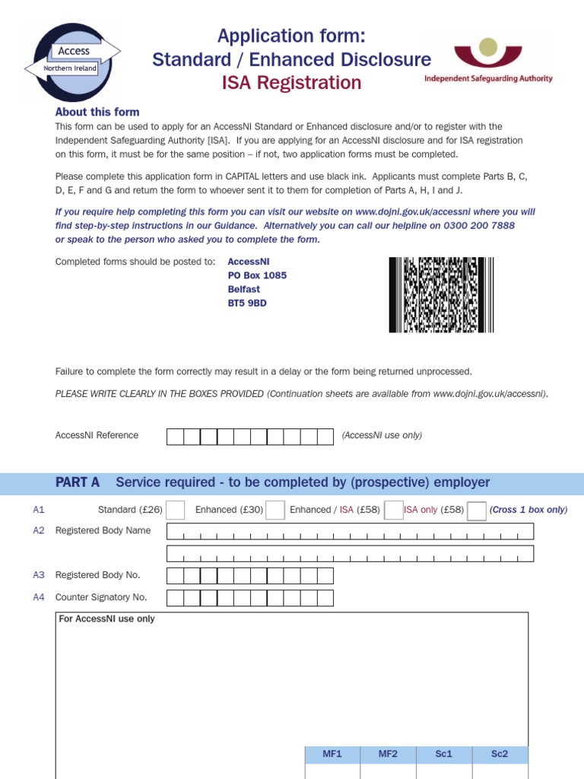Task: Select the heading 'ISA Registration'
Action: coord(291,83)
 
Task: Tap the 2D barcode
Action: coord(441,295)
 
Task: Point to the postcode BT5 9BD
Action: coord(247,303)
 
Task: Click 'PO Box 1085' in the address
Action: coord(257,275)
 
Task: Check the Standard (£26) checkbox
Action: coord(175,510)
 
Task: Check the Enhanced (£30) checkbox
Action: coord(275,510)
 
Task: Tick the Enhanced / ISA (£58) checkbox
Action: coord(393,510)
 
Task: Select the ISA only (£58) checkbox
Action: coord(477,510)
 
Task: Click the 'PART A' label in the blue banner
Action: coord(78,482)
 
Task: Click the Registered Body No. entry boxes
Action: coord(249,575)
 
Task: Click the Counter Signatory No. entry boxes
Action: coord(249,597)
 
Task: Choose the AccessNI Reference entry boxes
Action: coord(249,436)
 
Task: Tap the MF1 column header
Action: coord(332,754)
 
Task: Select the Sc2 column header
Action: coord(500,754)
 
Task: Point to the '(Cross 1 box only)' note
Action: coord(528,510)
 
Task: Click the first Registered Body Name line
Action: coord(350,531)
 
